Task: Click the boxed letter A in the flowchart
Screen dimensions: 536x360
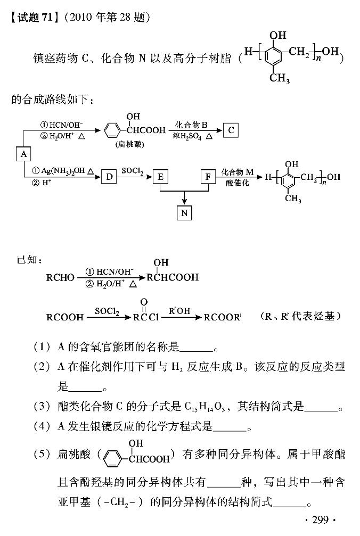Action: coord(23,153)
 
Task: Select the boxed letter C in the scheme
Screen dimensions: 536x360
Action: coord(231,129)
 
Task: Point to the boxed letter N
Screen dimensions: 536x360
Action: coord(184,212)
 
